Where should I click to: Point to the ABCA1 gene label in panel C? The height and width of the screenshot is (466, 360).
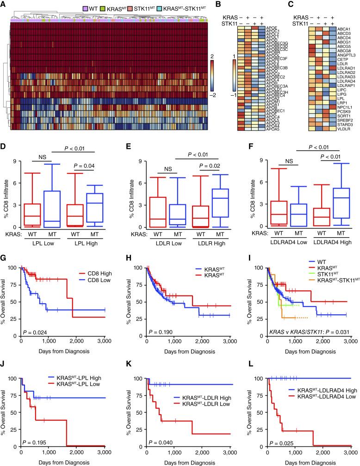(x=342, y=29)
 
